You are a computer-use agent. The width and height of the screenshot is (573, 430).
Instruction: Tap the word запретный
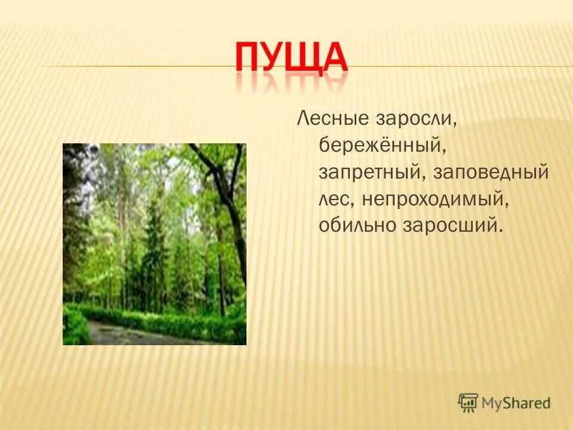click(368, 173)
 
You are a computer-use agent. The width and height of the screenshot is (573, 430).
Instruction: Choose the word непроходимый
click(435, 199)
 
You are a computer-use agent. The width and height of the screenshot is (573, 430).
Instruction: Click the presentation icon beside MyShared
click(469, 402)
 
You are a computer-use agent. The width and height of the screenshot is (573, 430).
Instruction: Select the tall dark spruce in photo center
click(154, 251)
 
